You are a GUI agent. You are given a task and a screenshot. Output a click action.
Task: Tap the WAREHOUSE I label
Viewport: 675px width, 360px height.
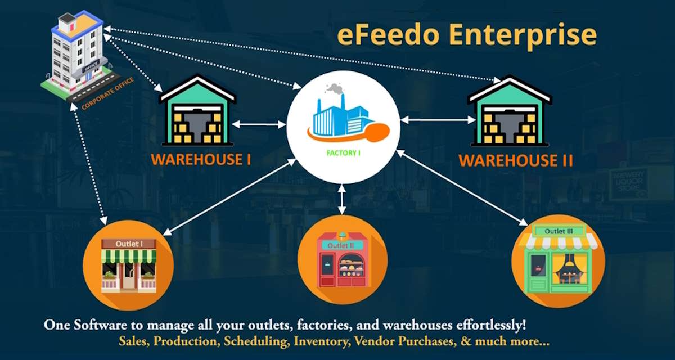point(201,159)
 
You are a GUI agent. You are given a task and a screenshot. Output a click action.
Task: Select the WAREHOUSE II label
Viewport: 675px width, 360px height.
point(516,160)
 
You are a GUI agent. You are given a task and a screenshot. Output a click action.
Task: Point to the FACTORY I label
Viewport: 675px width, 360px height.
point(343,152)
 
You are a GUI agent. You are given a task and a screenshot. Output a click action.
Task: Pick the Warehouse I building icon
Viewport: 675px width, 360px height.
point(197,112)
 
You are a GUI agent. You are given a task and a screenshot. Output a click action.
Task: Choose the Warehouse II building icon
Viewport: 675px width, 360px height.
point(509,113)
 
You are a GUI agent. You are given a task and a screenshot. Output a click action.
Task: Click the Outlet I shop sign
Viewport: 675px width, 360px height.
point(129,244)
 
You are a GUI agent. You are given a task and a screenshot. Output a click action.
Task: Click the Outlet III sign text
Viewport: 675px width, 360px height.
point(559,231)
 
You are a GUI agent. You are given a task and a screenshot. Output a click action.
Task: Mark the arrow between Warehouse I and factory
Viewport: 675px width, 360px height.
point(259,124)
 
